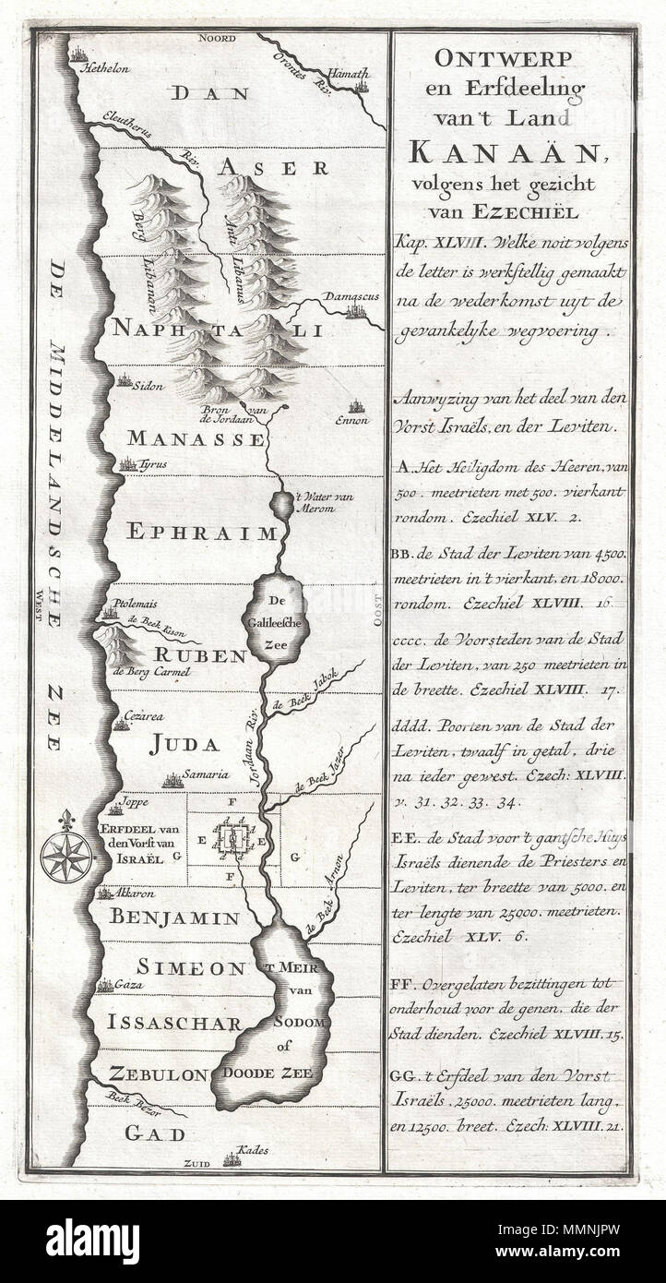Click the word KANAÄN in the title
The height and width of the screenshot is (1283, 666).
click(x=505, y=149)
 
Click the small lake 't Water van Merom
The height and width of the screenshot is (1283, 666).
click(x=280, y=505)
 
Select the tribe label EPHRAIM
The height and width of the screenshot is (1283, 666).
click(x=202, y=533)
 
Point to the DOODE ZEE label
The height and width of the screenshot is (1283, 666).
click(x=268, y=1074)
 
